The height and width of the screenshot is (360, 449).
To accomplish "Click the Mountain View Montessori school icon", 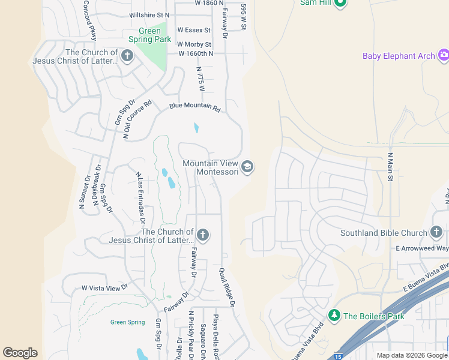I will (x=247, y=166).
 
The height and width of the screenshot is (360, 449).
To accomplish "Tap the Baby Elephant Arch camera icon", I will (x=444, y=56).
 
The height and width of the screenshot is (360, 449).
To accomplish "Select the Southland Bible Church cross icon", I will (x=436, y=232).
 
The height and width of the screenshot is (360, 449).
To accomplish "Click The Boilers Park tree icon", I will (x=334, y=315).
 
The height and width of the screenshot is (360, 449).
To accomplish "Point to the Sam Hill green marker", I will (x=340, y=2).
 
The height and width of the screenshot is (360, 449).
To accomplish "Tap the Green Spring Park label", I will (x=150, y=35).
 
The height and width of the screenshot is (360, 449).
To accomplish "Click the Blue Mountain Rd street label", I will (x=195, y=107).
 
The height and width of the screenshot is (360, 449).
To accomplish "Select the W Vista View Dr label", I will (x=106, y=288).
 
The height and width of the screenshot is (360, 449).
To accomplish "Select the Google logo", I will (x=20, y=353).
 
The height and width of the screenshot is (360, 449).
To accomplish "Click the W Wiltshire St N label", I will (x=149, y=14).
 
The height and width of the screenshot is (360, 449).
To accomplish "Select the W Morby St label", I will (x=194, y=44).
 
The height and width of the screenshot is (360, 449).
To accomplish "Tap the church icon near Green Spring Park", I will (x=127, y=56).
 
